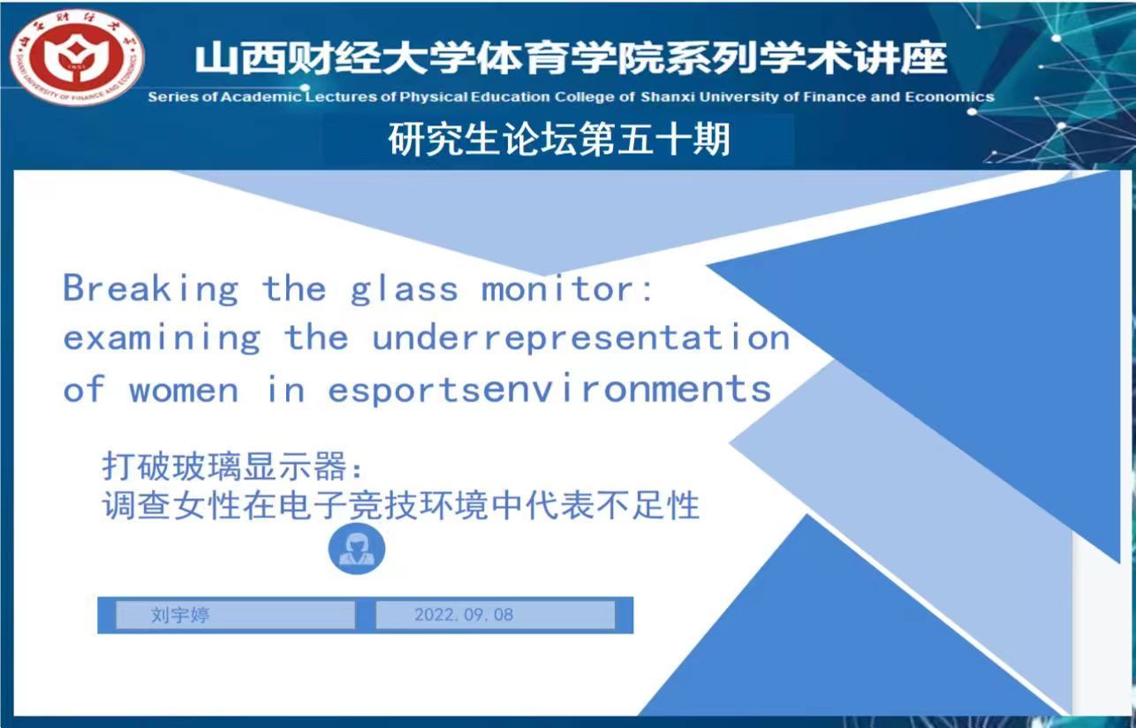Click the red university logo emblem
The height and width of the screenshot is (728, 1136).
click(77, 57)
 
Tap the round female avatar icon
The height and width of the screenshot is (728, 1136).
click(357, 549)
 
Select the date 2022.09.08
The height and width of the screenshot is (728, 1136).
click(464, 615)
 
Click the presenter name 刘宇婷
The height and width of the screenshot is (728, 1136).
click(180, 615)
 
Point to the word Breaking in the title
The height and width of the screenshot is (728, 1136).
click(151, 288)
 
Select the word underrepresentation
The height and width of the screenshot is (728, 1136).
click(581, 338)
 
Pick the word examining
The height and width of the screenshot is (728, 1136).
click(162, 338)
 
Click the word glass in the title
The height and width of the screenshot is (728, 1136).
click(405, 289)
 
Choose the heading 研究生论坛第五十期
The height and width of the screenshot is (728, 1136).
click(559, 139)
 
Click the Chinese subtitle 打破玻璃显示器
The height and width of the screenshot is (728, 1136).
click(224, 466)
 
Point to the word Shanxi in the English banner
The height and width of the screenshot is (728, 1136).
click(668, 97)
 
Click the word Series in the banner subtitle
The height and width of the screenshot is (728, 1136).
click(173, 97)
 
